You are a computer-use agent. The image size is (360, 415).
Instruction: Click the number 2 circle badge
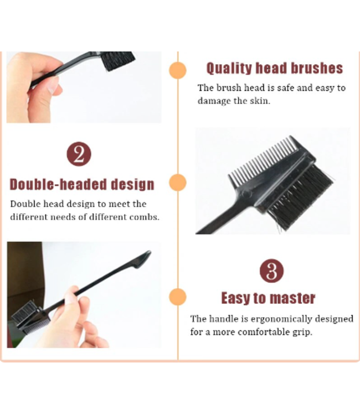click(x=79, y=154)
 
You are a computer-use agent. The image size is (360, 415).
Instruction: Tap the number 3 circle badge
click(x=271, y=271)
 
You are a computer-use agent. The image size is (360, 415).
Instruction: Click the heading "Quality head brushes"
click(x=275, y=68)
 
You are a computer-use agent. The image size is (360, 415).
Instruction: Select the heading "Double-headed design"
click(x=82, y=184)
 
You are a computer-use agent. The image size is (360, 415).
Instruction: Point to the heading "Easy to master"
click(x=268, y=298)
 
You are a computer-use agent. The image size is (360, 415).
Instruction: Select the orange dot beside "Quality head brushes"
click(x=178, y=70)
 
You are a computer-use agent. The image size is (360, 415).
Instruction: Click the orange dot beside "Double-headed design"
click(x=178, y=183)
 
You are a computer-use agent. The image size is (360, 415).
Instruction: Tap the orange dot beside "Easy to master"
click(x=178, y=297)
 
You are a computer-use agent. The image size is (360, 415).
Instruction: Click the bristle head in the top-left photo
click(x=118, y=61)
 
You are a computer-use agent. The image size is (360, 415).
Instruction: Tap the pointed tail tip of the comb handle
click(x=150, y=251)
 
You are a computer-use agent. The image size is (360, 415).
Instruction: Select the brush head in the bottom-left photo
click(x=30, y=318)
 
